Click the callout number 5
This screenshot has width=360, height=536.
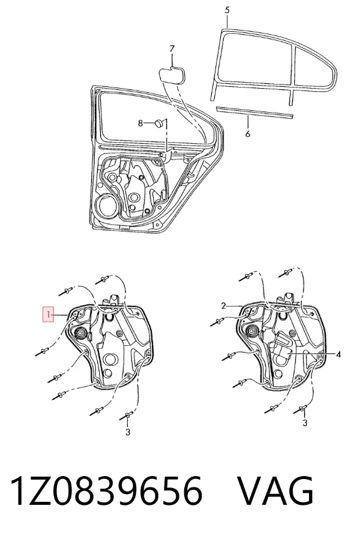[x=227, y=10]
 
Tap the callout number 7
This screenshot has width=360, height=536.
[x=172, y=49]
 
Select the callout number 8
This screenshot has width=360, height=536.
[x=140, y=123]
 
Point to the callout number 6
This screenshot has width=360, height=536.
[x=248, y=134]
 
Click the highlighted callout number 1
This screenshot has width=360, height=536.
[x=49, y=314]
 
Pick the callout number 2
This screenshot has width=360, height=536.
[x=223, y=306]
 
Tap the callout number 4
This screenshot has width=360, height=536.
[x=338, y=355]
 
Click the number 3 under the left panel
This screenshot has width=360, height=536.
[x=128, y=432]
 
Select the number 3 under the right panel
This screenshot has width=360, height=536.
[x=305, y=423]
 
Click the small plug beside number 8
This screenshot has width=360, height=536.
[x=159, y=123]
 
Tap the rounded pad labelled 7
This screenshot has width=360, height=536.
[x=172, y=75]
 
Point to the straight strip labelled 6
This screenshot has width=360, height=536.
[x=255, y=113]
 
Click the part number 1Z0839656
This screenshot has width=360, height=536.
[x=106, y=491]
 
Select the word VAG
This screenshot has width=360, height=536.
[x=275, y=491]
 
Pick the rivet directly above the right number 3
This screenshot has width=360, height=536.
[x=300, y=409]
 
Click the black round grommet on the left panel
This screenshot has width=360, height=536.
[x=81, y=333]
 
